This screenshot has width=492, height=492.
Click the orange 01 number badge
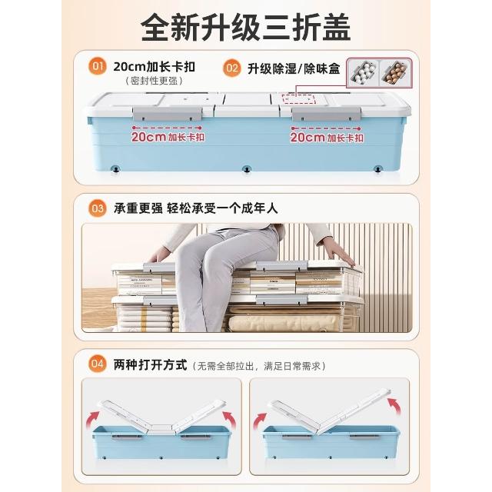tap(98, 66)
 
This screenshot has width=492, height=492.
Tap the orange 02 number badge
tap(231, 68)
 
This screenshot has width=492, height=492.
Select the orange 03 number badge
tap(98, 208)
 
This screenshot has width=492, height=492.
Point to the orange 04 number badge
tap(98, 364)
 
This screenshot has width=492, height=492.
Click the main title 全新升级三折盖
tap(246, 28)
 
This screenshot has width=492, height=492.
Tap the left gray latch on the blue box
tap(168, 114)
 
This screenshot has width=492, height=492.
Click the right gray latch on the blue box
tap(326, 115)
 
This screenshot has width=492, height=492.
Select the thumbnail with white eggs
tap(363, 73)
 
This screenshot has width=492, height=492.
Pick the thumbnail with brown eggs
tap(394, 73)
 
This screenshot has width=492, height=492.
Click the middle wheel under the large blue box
tap(247, 169)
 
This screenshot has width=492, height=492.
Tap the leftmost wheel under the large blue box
tap(116, 169)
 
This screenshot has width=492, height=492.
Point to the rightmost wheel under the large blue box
tap(377, 169)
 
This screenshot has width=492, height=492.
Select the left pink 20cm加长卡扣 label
tap(168, 137)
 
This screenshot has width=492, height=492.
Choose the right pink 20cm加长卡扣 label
tap(327, 138)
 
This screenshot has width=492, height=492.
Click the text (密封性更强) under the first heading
tap(154, 81)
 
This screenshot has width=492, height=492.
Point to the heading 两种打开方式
tap(150, 364)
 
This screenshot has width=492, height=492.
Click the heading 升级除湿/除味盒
tap(294, 68)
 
